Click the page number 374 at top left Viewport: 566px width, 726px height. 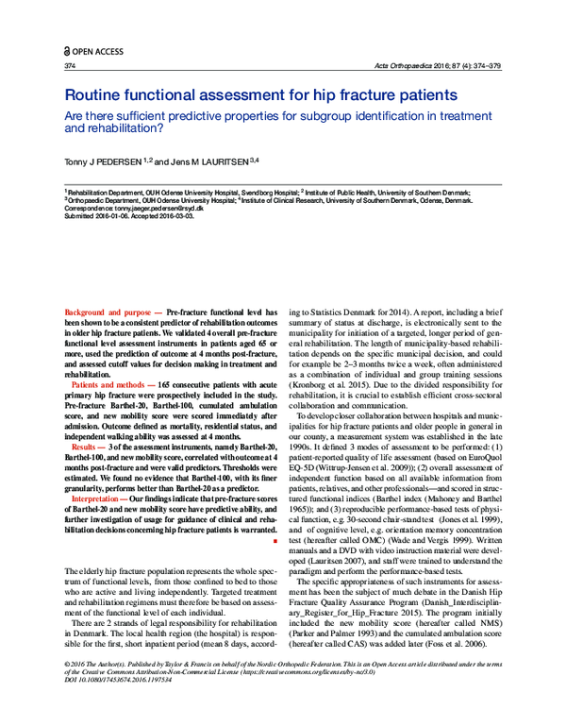point(70,67)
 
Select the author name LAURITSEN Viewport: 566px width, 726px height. point(213,162)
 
